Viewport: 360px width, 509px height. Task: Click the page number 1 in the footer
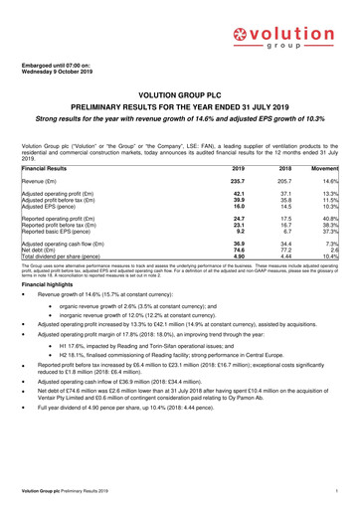point(339,493)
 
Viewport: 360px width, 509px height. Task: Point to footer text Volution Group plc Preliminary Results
point(69,493)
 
